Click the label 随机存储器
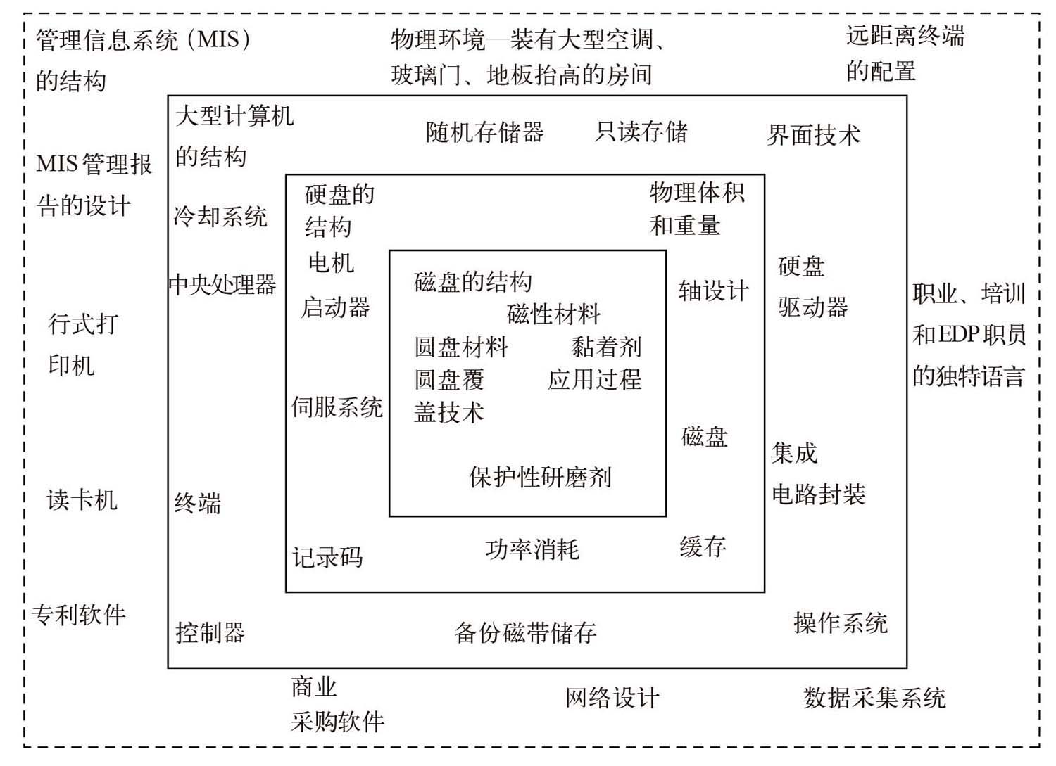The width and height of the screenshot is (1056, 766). (x=484, y=132)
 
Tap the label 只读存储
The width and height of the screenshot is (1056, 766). (x=641, y=132)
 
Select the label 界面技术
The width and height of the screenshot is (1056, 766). (x=813, y=134)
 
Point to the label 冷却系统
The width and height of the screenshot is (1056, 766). (x=220, y=216)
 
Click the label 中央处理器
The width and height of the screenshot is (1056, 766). (x=222, y=284)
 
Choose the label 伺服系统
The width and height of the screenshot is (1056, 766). (x=337, y=407)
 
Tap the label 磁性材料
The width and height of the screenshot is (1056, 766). (x=553, y=314)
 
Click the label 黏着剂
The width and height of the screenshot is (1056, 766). (x=606, y=346)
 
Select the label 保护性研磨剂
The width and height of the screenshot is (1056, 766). (x=540, y=477)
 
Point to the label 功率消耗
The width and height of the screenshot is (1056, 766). (x=532, y=549)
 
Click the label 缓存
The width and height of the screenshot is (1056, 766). (x=703, y=546)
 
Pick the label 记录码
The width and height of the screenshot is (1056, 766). (x=327, y=557)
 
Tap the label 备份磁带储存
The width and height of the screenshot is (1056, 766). (x=525, y=632)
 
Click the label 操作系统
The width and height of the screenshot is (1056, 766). (x=841, y=623)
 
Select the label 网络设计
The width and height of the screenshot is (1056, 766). (x=612, y=698)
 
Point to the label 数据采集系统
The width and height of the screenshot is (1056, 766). (x=874, y=698)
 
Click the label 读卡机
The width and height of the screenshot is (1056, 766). (x=82, y=499)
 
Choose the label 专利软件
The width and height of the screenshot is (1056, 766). (x=79, y=615)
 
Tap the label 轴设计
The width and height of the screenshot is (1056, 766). (x=713, y=291)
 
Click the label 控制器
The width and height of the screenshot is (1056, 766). (x=210, y=632)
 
